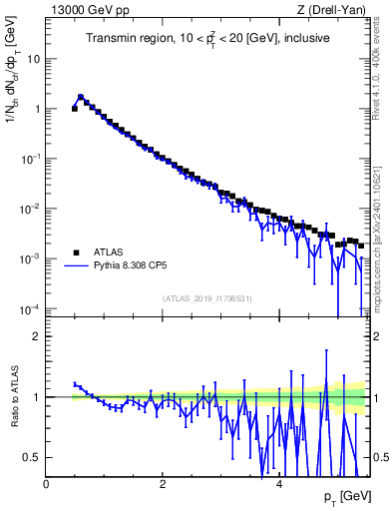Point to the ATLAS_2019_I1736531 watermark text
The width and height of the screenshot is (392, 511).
[206, 298]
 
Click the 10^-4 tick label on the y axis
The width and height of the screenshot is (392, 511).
[30, 307]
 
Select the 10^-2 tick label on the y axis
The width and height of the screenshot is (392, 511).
[30, 208]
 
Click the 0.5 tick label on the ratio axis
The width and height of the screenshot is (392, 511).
[33, 457]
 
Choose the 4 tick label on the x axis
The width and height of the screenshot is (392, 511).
[278, 482]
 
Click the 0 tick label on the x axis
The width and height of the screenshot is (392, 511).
[46, 482]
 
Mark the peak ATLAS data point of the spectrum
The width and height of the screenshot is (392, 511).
[81, 98]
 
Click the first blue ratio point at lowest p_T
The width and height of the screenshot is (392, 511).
[75, 383]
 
